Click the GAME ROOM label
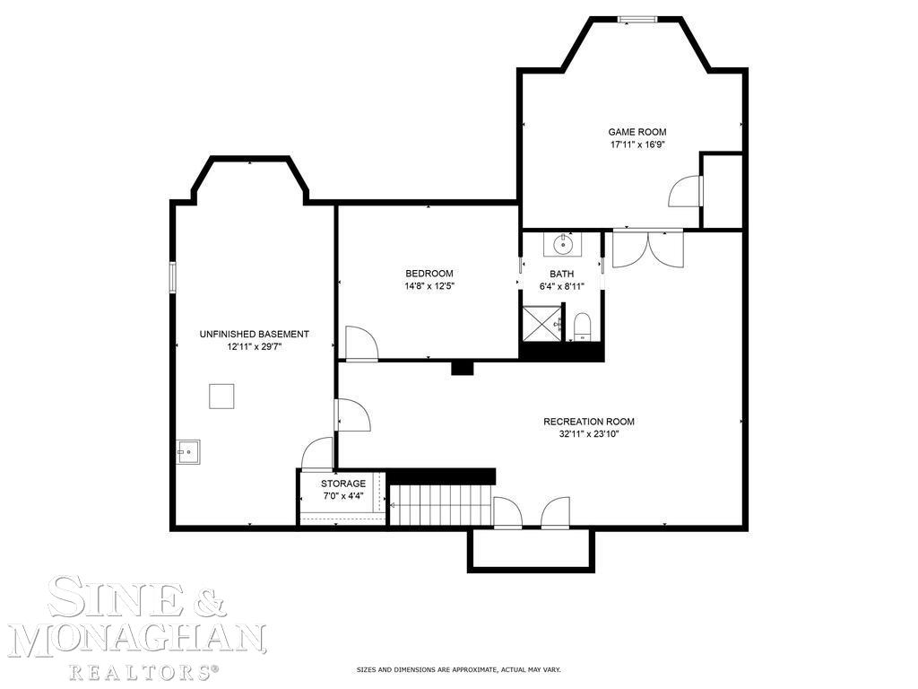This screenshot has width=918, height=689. [637, 132]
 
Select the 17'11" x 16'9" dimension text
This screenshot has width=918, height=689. [637, 144]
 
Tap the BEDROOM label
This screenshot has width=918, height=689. [429, 274]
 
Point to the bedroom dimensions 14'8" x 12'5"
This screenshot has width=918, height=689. [429, 286]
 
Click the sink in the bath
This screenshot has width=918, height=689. [564, 243]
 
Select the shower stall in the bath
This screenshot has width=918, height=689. [540, 324]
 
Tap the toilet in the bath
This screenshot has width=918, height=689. [582, 326]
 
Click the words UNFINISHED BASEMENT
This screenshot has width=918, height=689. [254, 334]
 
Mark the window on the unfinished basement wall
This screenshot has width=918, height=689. [173, 276]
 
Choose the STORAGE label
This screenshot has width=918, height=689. [343, 484]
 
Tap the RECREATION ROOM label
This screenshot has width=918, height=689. [589, 422]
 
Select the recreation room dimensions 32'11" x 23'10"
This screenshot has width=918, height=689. [589, 434]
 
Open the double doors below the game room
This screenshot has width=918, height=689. [647, 247]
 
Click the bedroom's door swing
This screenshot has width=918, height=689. [360, 344]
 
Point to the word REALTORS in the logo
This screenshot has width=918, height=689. [143, 670]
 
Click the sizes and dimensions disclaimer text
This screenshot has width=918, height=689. [458, 669]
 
